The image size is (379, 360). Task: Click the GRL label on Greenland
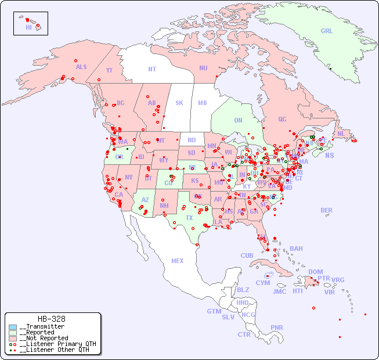[x=327, y=31]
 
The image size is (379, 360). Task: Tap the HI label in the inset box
[x=28, y=27]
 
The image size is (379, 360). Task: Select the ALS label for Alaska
[x=81, y=67]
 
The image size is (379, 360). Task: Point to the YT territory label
[x=109, y=70]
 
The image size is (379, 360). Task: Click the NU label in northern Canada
[x=203, y=68]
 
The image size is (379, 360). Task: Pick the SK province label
[x=179, y=103]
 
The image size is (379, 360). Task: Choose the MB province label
[x=203, y=103]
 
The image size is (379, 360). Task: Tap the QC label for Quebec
[x=282, y=119]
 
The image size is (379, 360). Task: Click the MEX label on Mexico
[x=178, y=261]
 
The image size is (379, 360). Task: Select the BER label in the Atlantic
[x=327, y=210]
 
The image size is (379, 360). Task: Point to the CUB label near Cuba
[x=247, y=255]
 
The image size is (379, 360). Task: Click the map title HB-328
[x=51, y=319]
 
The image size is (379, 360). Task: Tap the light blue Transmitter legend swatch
[x=13, y=327]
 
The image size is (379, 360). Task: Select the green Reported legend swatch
[x=13, y=333]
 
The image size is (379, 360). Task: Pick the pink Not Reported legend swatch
[x=13, y=338]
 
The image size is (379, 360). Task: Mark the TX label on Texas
[x=189, y=218]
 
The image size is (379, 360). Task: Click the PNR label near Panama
[x=277, y=327]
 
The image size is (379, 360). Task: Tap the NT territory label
[x=152, y=69]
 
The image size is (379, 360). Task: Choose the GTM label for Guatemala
[x=214, y=311]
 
